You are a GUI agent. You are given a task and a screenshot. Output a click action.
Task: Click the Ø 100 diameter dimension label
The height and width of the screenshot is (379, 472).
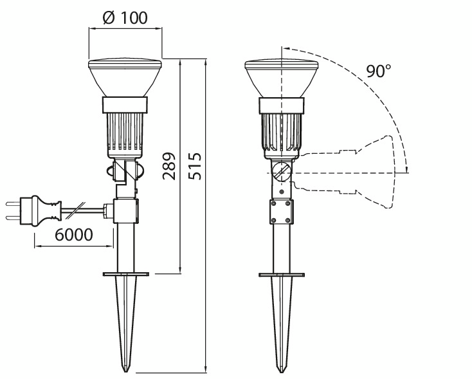[x=125, y=18]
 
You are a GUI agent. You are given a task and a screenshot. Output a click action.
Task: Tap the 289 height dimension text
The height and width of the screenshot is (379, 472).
[x=169, y=166]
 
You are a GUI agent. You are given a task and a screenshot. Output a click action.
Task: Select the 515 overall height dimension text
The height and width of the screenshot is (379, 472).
[x=195, y=166]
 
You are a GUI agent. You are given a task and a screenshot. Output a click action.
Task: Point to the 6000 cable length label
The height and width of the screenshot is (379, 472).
[x=74, y=235]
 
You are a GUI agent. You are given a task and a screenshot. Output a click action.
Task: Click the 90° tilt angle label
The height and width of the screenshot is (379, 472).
[x=379, y=71]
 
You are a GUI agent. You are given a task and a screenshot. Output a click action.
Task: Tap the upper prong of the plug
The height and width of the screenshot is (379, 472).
[x=13, y=204]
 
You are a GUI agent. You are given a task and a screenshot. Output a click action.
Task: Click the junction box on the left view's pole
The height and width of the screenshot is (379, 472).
[x=126, y=211]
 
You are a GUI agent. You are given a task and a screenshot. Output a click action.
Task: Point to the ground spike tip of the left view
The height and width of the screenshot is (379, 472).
[x=126, y=371]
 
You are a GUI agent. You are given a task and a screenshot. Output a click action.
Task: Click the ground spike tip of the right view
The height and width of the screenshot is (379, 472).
[x=282, y=371]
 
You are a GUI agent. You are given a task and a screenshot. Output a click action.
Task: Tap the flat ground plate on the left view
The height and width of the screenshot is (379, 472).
[x=126, y=275]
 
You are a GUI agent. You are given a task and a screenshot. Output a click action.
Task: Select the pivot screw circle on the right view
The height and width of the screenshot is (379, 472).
[x=282, y=172]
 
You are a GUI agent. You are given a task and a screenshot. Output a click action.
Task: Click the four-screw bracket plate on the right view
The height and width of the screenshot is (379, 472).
[x=281, y=212]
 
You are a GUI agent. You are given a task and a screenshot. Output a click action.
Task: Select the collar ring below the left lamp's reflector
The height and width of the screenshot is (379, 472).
[x=125, y=105]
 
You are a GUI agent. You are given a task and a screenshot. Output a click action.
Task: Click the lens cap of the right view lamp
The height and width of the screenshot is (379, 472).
[x=282, y=64]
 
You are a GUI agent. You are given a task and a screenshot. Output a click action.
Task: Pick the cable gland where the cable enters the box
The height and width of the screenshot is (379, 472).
[x=108, y=211]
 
